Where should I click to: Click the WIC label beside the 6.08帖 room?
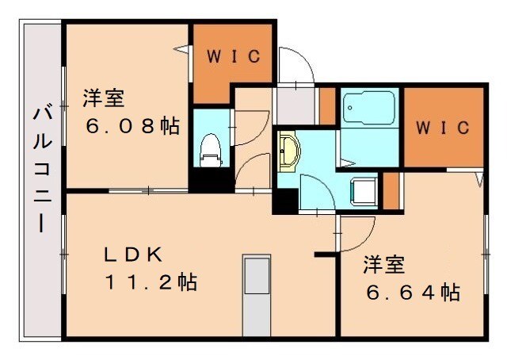[234, 56]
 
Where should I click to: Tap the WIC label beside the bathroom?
[443, 127]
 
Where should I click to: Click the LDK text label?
[135, 255]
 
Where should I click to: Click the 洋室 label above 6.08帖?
[104, 99]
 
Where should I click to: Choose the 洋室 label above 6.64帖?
[383, 263]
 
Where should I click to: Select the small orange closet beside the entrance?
[326, 105]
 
